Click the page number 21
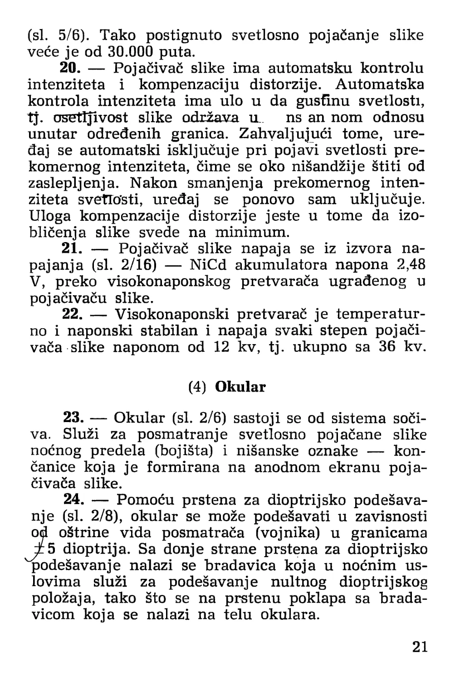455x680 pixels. point(420,646)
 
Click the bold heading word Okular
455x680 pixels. point(240,387)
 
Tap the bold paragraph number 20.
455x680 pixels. point(70,68)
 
